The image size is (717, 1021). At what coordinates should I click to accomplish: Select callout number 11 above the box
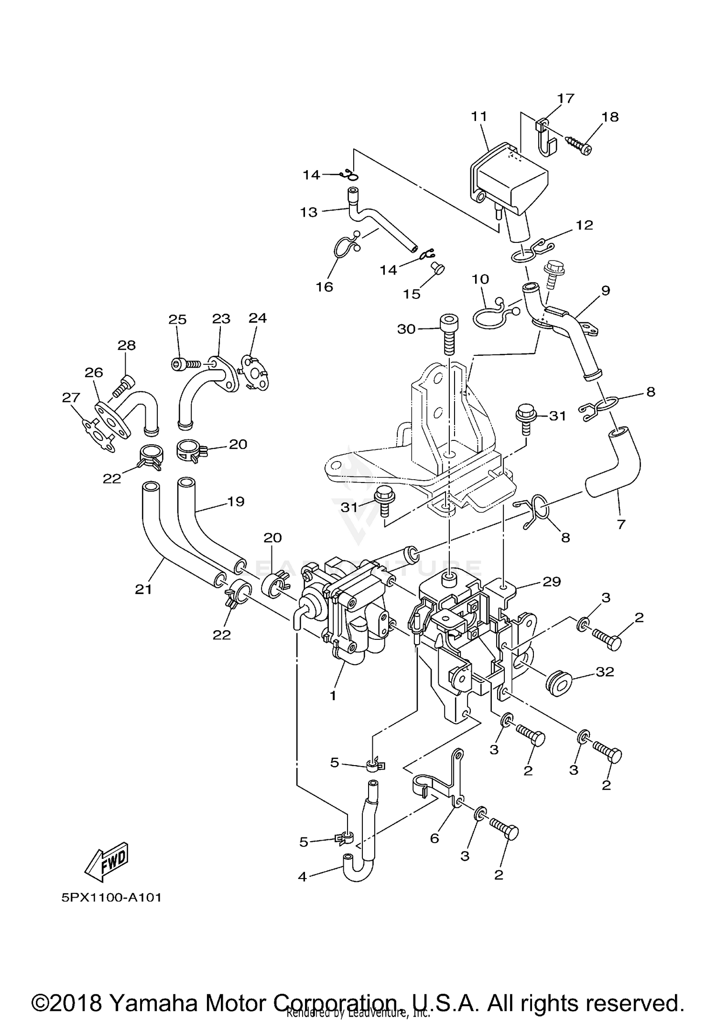[x=478, y=116]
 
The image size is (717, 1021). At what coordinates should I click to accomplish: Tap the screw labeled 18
[x=579, y=145]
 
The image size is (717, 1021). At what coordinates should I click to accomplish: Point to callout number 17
[x=565, y=99]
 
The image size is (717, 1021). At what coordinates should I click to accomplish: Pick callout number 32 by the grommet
[x=605, y=671]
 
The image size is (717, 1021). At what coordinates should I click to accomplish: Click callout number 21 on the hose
[x=143, y=589]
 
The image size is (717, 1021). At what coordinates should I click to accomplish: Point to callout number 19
[x=236, y=501]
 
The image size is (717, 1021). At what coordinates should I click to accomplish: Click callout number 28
[x=127, y=345]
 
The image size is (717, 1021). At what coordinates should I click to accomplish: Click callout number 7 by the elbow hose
[x=621, y=524]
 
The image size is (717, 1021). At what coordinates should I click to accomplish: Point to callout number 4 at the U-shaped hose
[x=302, y=877]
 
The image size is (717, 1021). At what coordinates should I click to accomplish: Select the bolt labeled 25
[x=185, y=364]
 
